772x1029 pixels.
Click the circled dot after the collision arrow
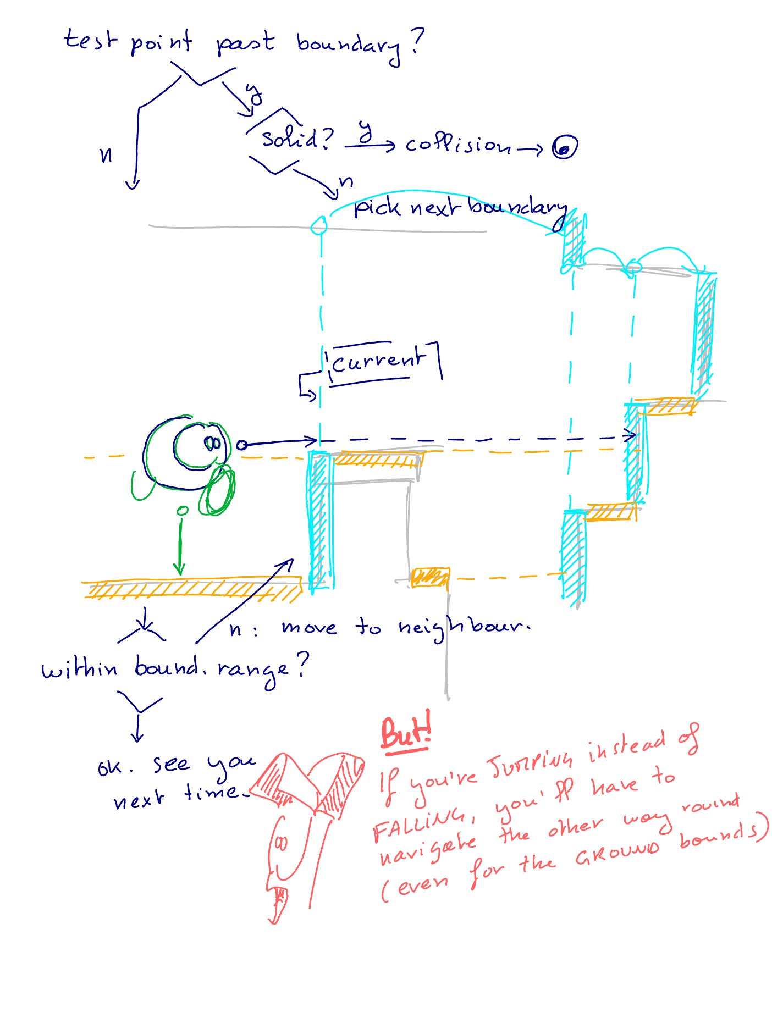pyautogui.click(x=564, y=147)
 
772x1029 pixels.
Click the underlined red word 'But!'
pyautogui.click(x=405, y=733)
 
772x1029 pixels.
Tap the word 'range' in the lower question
pyautogui.click(x=252, y=670)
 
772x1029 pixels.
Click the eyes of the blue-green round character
pyautogui.click(x=213, y=442)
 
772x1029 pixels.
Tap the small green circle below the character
pyautogui.click(x=182, y=511)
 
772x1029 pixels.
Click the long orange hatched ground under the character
pyautogui.click(x=192, y=589)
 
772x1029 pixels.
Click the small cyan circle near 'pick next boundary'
pyautogui.click(x=318, y=225)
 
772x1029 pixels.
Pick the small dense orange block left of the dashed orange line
pyautogui.click(x=430, y=578)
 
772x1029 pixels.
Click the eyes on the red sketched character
pyautogui.click(x=281, y=843)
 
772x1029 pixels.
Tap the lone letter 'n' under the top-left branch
pyautogui.click(x=106, y=155)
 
